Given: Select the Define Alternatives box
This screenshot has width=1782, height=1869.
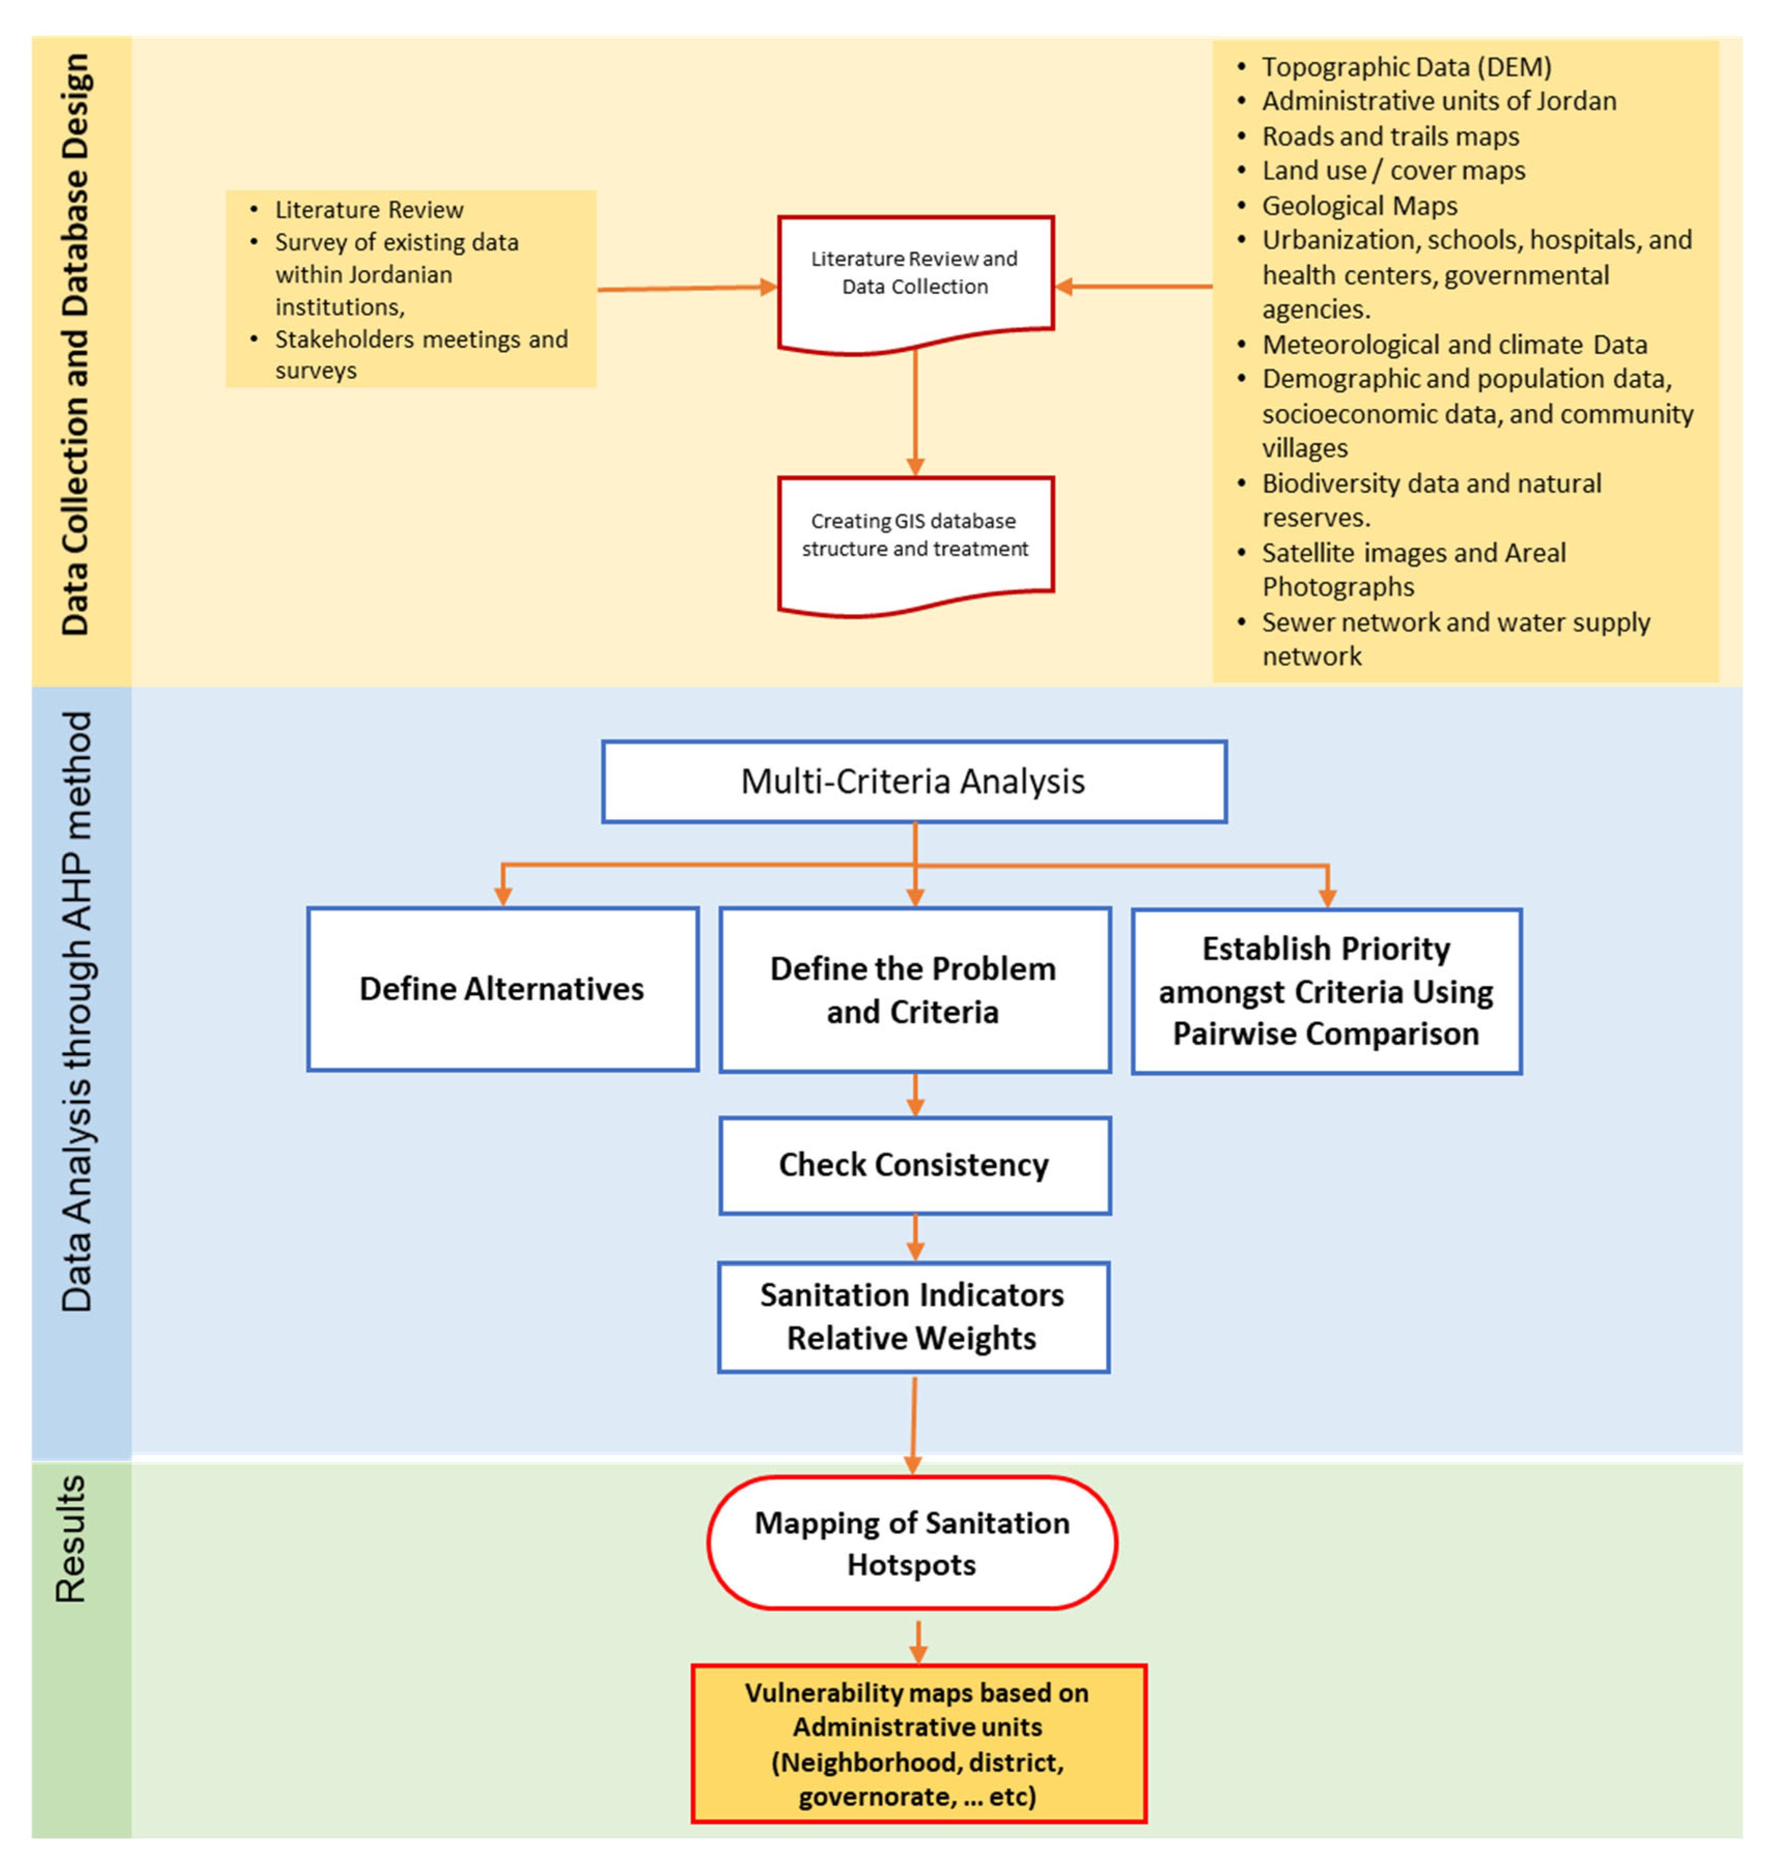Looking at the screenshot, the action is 502,988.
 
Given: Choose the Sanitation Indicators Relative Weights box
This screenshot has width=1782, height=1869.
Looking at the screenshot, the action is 914,1317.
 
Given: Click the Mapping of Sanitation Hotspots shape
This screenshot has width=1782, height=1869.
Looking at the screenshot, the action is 912,1542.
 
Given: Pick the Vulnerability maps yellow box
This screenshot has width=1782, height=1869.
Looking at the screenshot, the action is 919,1744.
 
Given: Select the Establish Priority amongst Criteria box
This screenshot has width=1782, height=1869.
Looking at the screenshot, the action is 1326,990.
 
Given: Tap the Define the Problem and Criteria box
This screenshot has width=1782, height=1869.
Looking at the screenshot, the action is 915,989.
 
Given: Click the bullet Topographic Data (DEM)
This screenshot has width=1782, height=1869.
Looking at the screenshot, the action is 1395,66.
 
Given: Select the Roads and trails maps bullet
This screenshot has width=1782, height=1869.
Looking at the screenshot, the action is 1378,136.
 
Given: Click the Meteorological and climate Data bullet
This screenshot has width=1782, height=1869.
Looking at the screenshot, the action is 1442,344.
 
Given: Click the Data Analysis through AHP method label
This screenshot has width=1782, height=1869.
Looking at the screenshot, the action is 76,1011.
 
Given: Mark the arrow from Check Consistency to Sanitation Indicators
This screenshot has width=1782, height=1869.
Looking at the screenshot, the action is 915,1238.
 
